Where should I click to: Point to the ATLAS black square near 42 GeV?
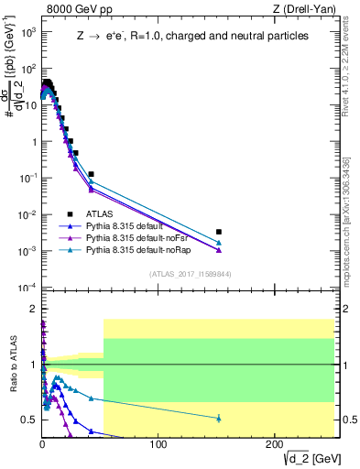[91, 174]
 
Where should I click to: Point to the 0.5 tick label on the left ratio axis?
[29, 420]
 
